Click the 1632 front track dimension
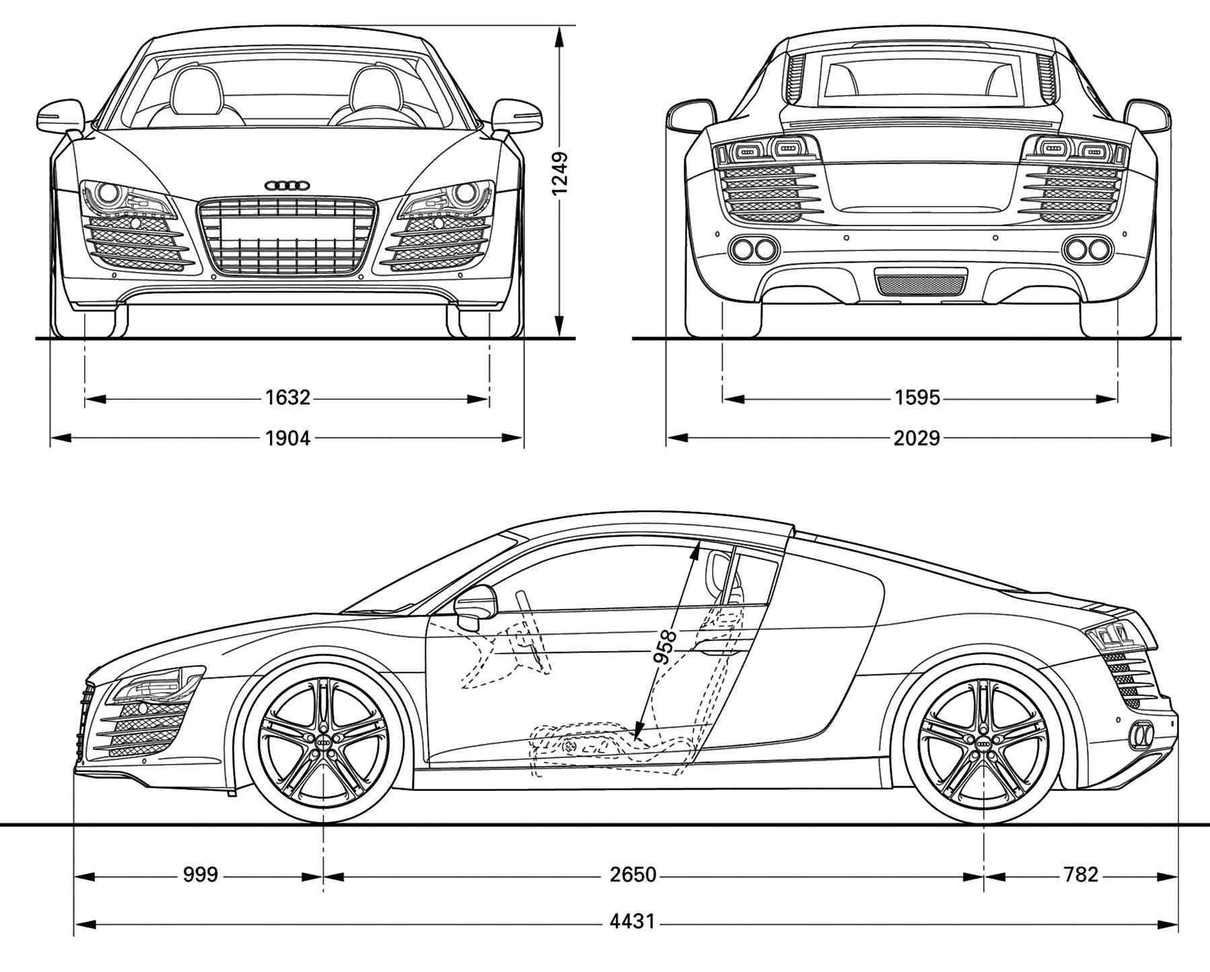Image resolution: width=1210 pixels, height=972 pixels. coord(287,398)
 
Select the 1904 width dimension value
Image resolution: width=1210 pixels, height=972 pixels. coord(287,438)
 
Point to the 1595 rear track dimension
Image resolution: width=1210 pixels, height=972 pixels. coord(917,398)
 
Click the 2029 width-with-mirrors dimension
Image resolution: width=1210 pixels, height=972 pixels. coord(917,438)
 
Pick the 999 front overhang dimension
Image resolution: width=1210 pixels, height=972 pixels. coord(201,874)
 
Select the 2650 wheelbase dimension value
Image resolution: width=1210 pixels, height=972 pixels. coord(633,874)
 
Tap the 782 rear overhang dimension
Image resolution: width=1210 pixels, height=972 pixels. coord(1081,874)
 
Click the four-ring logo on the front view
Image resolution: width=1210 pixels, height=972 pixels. coord(287,185)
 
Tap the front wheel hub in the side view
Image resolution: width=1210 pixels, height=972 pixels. coord(324,740)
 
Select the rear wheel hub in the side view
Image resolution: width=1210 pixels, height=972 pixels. coord(983,740)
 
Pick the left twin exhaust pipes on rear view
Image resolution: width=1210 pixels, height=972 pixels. coord(753,249)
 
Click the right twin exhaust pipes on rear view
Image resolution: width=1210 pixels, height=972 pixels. coord(1087,249)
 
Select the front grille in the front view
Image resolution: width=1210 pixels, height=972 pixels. coord(287,236)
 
